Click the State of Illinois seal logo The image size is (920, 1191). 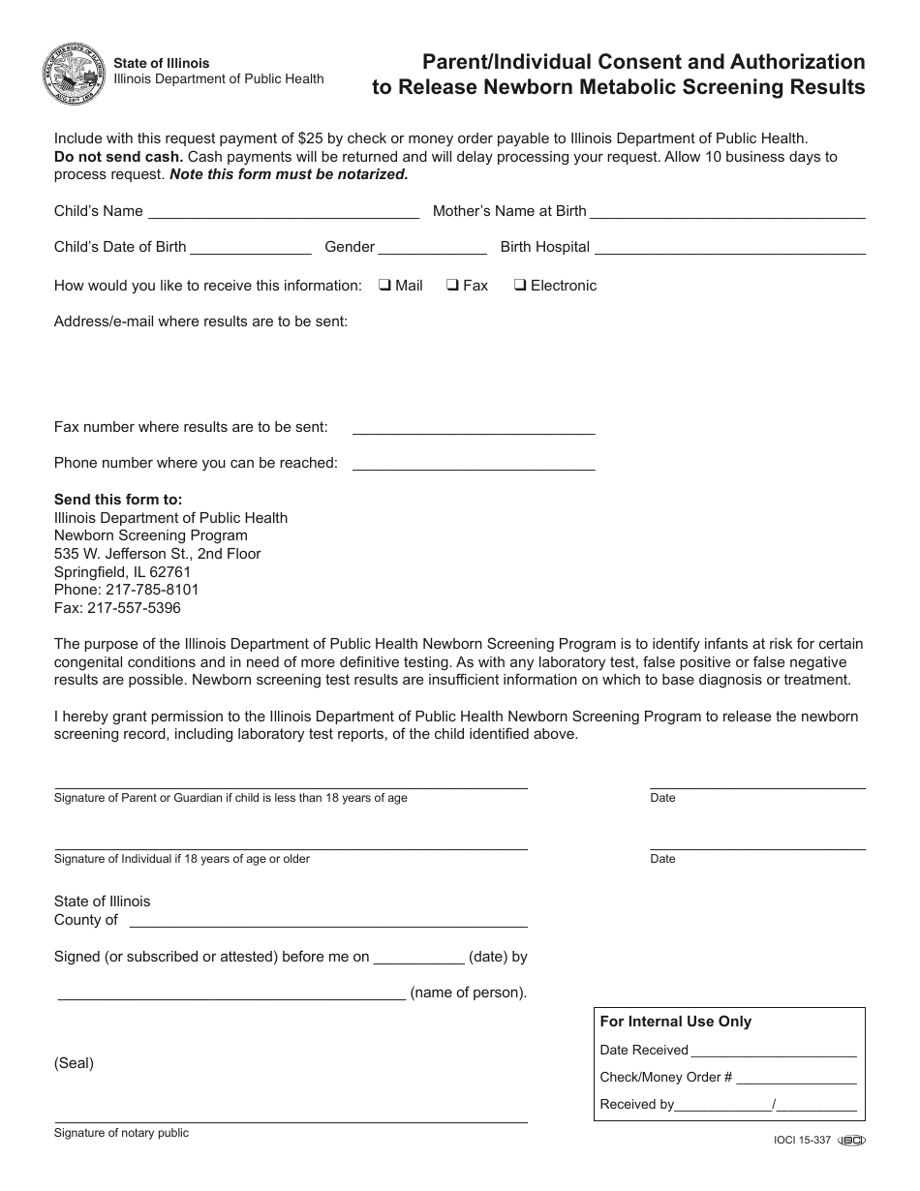(74, 73)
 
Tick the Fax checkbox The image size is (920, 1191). (452, 286)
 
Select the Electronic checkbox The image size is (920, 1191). (520, 286)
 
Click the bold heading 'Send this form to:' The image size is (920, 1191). (118, 500)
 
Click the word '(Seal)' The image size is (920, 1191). (74, 1063)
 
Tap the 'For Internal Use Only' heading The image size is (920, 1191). (675, 1022)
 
